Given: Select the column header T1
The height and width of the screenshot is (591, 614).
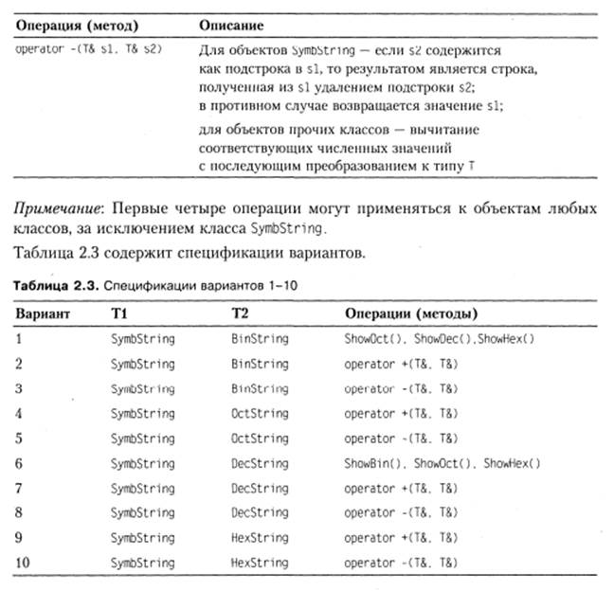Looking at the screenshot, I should pos(120,313).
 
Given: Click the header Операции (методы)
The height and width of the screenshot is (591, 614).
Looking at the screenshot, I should pos(407,313).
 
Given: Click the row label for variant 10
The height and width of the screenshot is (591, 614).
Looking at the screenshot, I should pos(24,562).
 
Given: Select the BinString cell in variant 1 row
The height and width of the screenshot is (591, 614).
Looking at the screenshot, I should pos(260,338).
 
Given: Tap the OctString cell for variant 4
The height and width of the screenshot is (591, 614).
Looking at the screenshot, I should pos(260,413).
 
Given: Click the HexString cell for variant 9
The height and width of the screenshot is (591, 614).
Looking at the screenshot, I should pos(260,537).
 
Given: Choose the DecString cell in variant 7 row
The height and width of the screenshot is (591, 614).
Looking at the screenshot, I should pos(260,488).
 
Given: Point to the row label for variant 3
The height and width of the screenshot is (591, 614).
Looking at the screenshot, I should pos(20,388).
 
